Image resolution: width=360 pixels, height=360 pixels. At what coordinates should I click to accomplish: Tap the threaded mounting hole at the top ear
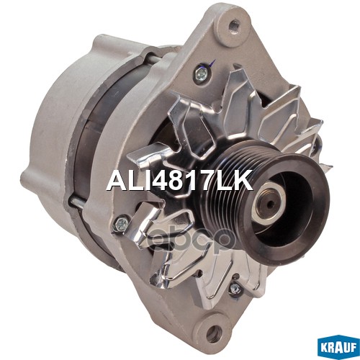pos(232,27)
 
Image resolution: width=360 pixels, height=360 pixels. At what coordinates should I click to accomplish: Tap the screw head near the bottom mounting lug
pos(233,290)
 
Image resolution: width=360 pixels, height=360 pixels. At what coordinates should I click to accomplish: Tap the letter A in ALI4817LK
pos(115,180)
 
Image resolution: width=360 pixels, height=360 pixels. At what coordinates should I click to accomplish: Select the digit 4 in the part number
pos(159,180)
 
